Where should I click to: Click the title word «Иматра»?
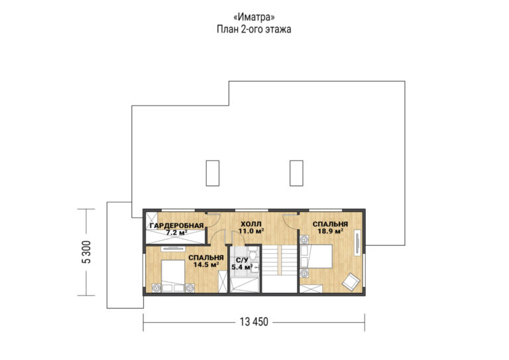point(254,17)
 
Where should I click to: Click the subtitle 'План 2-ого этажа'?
point(254,29)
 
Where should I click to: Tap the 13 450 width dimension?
point(254,322)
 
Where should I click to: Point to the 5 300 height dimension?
point(87,252)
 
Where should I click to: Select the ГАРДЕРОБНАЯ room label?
point(176,225)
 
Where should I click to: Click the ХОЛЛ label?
point(251,224)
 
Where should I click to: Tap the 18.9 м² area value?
point(331,231)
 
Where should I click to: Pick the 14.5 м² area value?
point(206,265)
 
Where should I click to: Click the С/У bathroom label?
point(242,261)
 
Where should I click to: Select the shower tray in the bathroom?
point(245,285)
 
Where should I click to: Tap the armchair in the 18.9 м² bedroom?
point(351,281)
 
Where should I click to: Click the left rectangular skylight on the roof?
point(212,173)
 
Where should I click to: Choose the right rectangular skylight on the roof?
point(296,173)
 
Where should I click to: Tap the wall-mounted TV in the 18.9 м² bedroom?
point(357,243)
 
